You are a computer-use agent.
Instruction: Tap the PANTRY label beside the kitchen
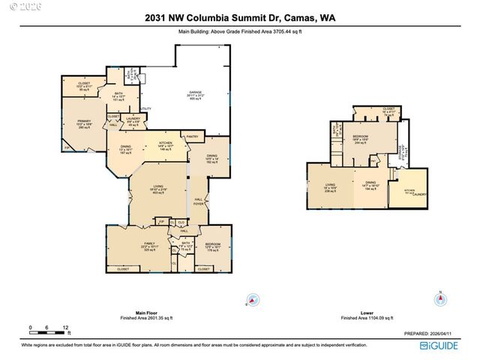(x=191, y=136)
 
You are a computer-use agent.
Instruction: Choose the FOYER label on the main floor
(x=199, y=203)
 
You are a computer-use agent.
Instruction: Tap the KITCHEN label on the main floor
(x=166, y=142)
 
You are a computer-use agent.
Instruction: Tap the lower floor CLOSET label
(x=388, y=108)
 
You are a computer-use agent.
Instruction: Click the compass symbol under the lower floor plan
(x=440, y=299)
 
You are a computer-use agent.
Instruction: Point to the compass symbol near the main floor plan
(x=253, y=299)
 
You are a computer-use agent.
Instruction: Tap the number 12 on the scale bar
(x=66, y=328)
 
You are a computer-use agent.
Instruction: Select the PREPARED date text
(x=432, y=334)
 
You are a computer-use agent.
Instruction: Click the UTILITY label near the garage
(x=145, y=109)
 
